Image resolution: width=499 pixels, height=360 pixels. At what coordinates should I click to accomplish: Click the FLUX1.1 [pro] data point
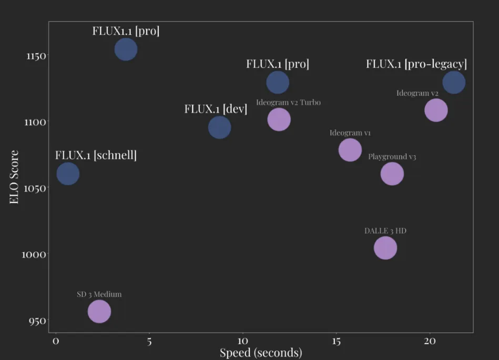(126, 49)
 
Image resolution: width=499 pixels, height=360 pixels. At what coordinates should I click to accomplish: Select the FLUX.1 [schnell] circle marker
(68, 174)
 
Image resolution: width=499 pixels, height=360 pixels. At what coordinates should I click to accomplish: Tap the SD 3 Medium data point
(99, 312)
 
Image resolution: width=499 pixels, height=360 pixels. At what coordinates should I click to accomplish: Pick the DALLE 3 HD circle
(385, 248)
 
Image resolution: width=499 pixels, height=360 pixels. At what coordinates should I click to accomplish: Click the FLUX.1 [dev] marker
(219, 127)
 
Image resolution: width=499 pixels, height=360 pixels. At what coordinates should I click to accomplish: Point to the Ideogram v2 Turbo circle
(279, 119)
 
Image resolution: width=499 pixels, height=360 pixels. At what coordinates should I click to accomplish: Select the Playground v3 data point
(392, 174)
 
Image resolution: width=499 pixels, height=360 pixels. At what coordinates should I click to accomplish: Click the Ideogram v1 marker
(350, 149)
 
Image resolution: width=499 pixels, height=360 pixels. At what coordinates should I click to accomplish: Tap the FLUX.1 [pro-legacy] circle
(453, 83)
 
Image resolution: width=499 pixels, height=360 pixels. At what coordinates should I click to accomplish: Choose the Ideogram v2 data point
(435, 111)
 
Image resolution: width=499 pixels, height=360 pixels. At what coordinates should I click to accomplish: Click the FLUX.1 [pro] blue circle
(278, 82)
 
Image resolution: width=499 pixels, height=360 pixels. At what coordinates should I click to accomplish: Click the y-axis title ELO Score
(14, 177)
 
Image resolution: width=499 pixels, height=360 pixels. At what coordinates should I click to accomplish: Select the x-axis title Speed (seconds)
(261, 352)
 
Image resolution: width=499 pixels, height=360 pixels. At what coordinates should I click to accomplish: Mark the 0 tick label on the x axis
(56, 341)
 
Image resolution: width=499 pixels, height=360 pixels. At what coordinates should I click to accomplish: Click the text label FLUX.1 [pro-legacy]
(416, 64)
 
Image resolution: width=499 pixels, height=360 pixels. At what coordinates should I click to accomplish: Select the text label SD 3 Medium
(99, 294)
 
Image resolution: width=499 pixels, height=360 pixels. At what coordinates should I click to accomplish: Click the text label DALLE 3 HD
(385, 231)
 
